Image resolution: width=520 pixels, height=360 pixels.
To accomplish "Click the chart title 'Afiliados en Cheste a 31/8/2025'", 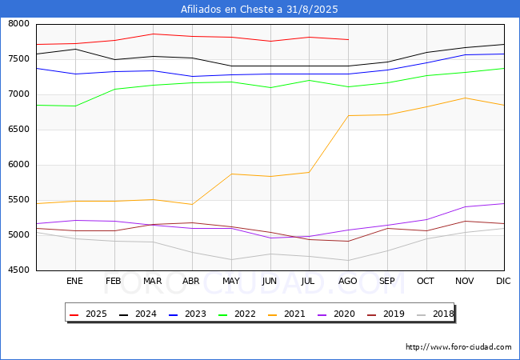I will coord(259,10).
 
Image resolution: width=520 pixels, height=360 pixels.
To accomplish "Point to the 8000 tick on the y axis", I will coord(18,24).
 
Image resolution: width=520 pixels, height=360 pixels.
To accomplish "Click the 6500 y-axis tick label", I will coord(18,130).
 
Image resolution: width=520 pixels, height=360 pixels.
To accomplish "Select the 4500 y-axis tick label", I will coord(18,270).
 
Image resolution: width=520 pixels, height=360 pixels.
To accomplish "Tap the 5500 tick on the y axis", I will coord(18,200).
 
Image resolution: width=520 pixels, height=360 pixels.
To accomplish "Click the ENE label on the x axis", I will coord(74,282).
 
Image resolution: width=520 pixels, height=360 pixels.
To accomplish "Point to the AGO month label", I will coord(348,282).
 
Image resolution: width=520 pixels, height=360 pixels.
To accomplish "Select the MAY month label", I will coord(230,282).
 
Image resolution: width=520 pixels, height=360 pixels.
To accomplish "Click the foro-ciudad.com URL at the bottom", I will coord(458,347).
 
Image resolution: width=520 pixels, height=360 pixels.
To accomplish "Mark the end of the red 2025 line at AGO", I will coord(348,39).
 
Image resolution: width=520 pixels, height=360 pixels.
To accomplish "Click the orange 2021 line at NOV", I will coord(465,98).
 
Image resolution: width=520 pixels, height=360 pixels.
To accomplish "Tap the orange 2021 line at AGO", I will coord(348,116).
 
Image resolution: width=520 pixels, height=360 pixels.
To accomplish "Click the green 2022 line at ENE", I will coord(74,106).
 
